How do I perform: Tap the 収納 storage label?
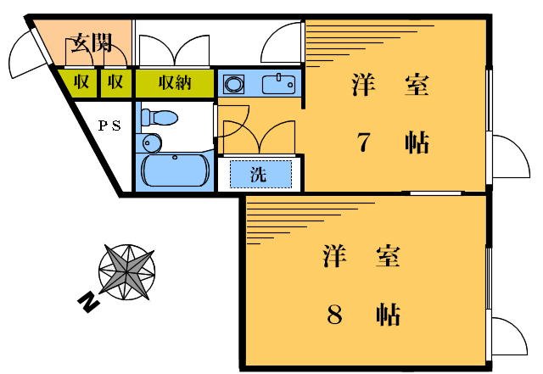pos(173,83)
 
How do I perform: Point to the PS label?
pos(109,126)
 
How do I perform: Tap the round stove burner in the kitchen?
pos(234,84)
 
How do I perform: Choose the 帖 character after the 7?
pos(416,142)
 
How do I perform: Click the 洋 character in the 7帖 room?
pos(364,85)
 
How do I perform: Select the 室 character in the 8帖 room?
pos(387,256)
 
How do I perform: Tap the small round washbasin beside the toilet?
pos(150,143)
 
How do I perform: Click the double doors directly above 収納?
pos(174,52)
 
